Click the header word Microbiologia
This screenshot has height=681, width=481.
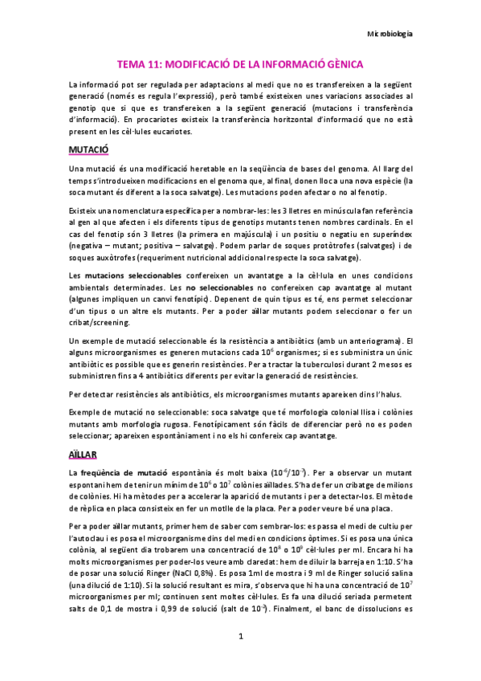point(389,35)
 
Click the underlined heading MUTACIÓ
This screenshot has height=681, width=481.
point(88,150)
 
